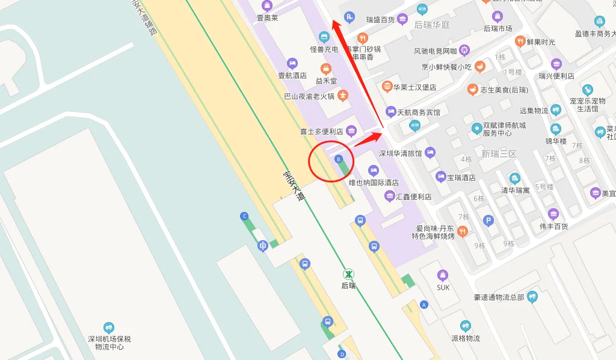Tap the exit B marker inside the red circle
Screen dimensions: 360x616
click(339, 159)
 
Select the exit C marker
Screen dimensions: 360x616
click(244, 216)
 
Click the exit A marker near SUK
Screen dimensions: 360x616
click(424, 305)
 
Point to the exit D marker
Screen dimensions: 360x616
click(342, 354)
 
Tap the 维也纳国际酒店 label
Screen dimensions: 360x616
click(374, 182)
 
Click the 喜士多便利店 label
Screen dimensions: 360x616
click(321, 131)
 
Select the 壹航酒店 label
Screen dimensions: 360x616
click(292, 76)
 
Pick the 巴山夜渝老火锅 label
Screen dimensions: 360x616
click(309, 96)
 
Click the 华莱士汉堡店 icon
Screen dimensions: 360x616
click(387, 86)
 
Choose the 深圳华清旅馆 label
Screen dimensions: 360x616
click(400, 153)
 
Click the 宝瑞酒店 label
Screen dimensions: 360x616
click(461, 178)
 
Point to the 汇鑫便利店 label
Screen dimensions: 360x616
click(414, 197)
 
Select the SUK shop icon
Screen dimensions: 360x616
click(443, 275)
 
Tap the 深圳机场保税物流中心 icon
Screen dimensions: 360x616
click(109, 327)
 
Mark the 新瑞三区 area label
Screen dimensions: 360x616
click(499, 154)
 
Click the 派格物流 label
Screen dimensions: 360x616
click(465, 338)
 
